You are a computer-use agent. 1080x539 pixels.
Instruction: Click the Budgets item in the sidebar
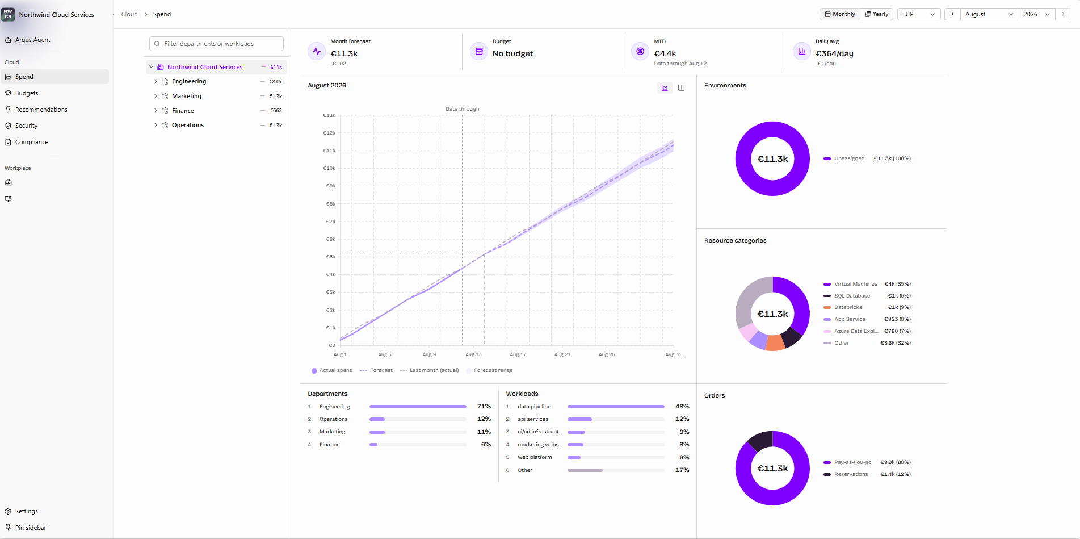coord(27,93)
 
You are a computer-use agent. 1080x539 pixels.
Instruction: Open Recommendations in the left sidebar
coord(41,110)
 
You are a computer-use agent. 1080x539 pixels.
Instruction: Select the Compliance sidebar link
coord(32,142)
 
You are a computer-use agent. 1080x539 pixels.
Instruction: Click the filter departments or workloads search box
coord(216,44)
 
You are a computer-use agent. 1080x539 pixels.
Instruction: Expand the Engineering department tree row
coord(156,82)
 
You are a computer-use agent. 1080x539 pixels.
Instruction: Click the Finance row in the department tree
coord(183,111)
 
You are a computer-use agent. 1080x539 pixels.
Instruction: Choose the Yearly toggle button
coord(877,14)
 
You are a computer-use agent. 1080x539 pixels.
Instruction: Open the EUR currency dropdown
coord(918,14)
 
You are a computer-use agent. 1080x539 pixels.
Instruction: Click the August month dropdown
coord(989,14)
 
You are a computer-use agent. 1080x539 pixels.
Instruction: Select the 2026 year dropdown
coord(1036,14)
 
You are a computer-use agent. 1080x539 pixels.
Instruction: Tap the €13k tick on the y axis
coord(329,115)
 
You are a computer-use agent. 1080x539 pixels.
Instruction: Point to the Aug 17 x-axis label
coord(518,354)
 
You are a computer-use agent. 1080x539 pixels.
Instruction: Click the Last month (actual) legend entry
coord(429,370)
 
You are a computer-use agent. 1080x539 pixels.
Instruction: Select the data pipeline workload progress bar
coord(616,407)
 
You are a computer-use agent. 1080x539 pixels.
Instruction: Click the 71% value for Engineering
coord(484,407)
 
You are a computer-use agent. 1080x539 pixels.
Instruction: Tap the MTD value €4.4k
coord(665,53)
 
